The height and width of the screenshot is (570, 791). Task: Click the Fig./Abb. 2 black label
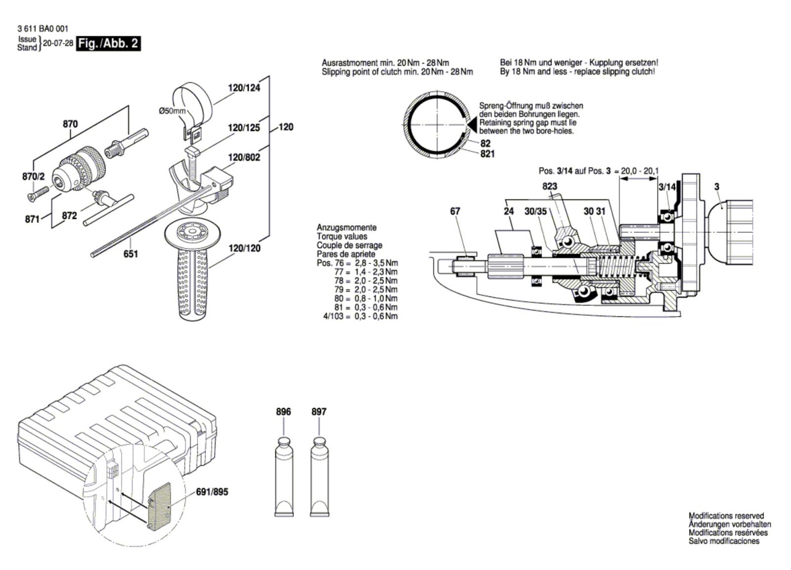click(109, 44)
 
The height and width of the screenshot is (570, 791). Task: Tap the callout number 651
click(131, 254)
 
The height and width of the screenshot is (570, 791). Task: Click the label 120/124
click(244, 88)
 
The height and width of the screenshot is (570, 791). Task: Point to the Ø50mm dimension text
click(172, 111)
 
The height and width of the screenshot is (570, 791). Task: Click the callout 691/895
click(212, 492)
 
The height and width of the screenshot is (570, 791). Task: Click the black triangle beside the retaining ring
click(472, 124)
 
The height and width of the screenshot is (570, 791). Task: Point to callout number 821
click(487, 154)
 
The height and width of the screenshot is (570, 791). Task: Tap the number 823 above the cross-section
click(549, 186)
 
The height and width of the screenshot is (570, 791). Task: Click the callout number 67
click(455, 211)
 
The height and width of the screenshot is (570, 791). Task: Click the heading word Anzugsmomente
click(347, 228)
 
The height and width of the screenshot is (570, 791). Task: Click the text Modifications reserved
click(726, 516)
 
